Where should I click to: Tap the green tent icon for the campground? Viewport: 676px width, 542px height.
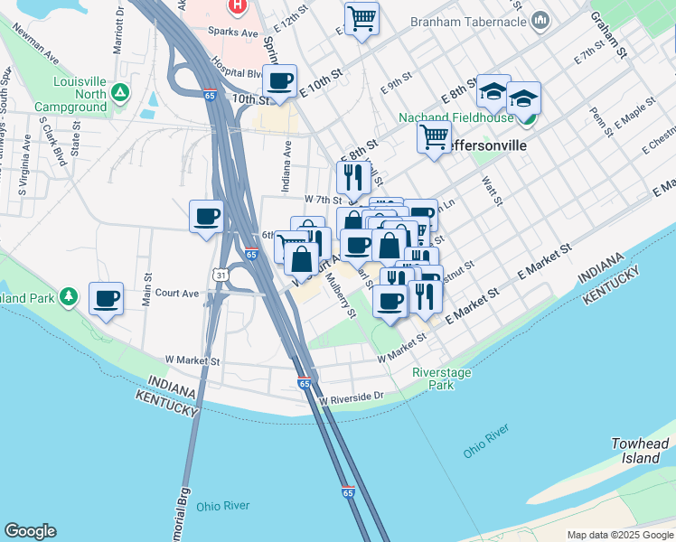(119, 92)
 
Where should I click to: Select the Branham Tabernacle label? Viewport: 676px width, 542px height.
(468, 20)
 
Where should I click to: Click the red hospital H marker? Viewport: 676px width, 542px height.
(237, 5)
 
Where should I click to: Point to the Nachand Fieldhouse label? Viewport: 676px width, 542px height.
(457, 118)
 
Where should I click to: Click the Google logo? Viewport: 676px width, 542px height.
(30, 531)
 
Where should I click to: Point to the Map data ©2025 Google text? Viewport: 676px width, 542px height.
(619, 535)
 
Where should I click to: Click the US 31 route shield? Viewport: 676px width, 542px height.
(221, 273)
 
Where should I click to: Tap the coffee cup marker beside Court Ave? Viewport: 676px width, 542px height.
(106, 298)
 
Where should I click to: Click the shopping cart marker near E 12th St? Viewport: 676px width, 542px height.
(361, 17)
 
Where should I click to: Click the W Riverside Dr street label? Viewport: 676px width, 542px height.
(352, 397)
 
